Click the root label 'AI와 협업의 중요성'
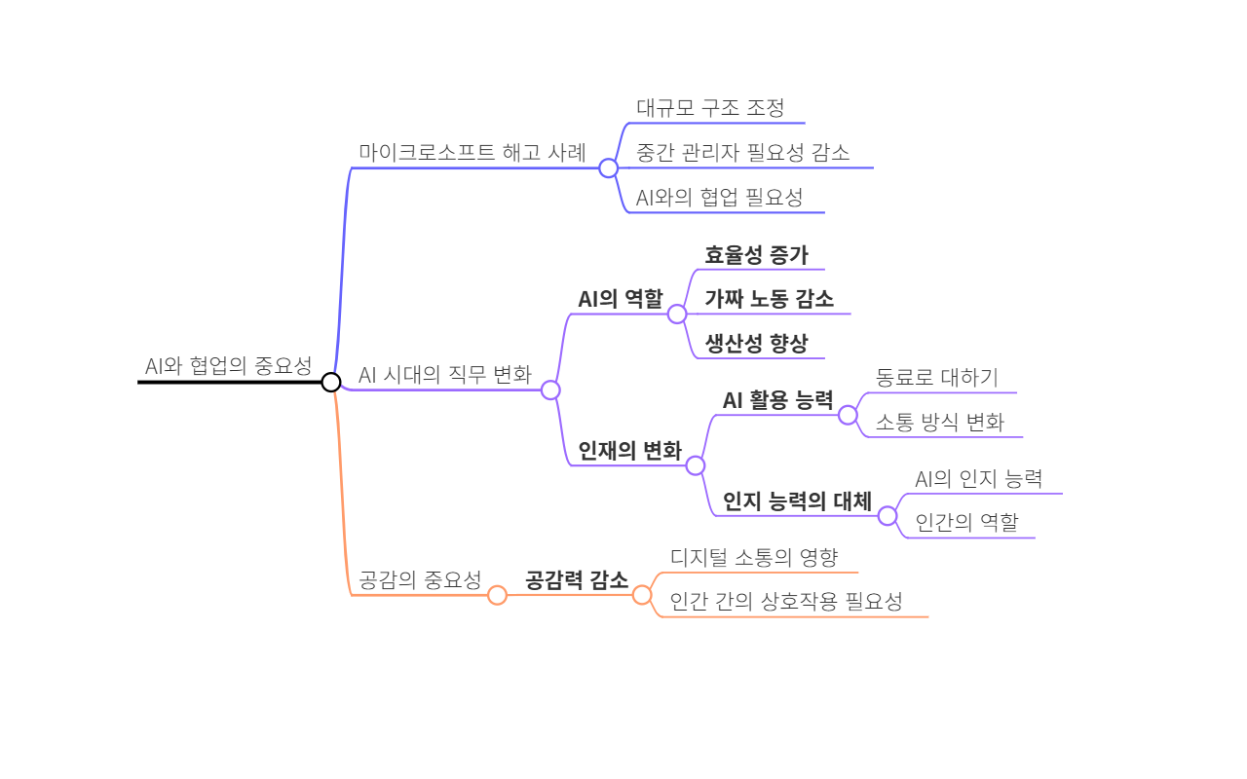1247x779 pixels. coord(228,367)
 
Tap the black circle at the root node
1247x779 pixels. coord(331,382)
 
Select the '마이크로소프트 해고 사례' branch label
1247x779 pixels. coord(472,153)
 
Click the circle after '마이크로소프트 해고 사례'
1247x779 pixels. coord(609,168)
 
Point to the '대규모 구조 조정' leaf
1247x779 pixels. coord(710,108)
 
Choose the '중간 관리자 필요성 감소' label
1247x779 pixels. coord(742,153)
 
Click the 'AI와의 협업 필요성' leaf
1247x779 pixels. coord(719,198)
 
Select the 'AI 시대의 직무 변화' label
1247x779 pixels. coord(445,375)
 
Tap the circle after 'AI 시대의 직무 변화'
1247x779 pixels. coord(550,389)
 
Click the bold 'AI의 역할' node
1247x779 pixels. coord(620,299)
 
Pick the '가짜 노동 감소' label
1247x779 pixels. coord(769,299)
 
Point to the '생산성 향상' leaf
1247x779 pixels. coord(756,344)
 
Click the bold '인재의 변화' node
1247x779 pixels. coord(629,451)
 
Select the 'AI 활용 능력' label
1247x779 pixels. coord(777,400)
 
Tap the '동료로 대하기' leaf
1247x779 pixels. coord(936,378)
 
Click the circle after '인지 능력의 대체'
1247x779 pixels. coord(888,516)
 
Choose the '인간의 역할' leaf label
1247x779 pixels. coord(966,523)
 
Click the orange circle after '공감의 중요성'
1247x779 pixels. coord(497,595)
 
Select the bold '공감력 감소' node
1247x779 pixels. coord(577,580)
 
